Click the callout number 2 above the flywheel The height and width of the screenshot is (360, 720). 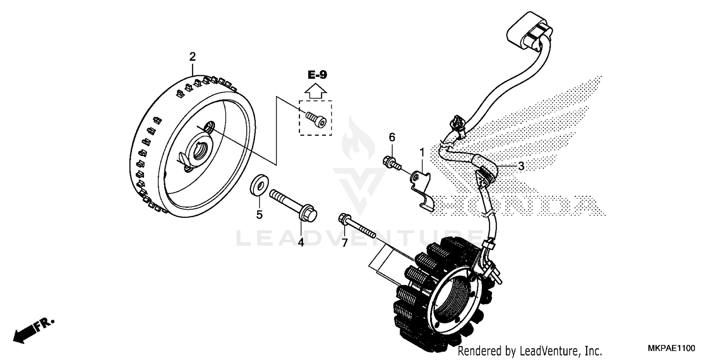coord(192,57)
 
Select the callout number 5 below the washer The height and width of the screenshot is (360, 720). coord(259,215)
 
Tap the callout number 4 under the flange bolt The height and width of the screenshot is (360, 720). coord(301,242)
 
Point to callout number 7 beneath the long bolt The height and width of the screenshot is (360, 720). coord(344,243)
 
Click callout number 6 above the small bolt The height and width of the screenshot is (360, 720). coord(392,138)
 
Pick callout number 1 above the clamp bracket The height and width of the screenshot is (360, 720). coord(422,153)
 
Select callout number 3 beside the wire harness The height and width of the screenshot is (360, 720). coord(521,166)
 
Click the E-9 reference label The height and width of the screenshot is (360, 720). coord(317,74)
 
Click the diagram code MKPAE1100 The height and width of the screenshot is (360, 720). coord(670,348)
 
